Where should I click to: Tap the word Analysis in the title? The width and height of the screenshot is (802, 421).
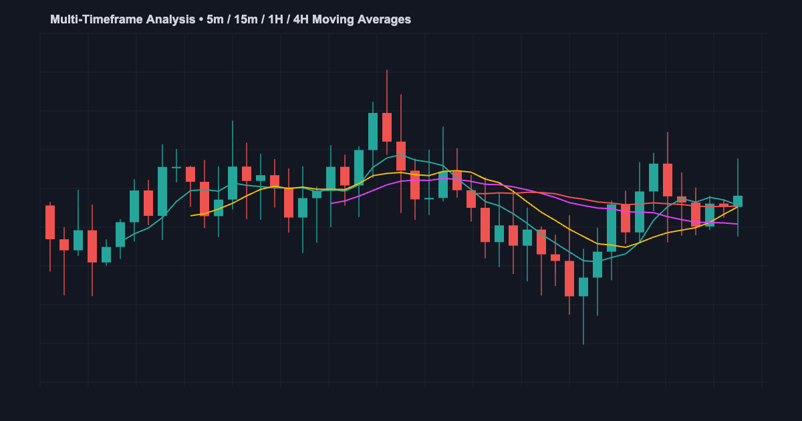point(164,19)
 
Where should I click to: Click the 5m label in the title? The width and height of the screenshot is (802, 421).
point(215,19)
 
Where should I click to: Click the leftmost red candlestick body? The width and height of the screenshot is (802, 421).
point(50,222)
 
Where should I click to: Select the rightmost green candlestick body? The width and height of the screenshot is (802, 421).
point(738,201)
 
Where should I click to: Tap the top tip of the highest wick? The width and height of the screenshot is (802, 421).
point(387,69)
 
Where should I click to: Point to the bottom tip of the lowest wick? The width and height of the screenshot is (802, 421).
point(583,344)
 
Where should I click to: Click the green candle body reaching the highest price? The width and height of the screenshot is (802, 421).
point(373,131)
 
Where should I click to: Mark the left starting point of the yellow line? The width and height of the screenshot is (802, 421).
point(191,215)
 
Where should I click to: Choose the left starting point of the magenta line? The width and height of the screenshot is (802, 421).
point(331,203)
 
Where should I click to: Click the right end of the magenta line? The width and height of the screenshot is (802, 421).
point(738,224)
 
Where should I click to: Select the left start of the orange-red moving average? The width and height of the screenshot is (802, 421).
point(472,193)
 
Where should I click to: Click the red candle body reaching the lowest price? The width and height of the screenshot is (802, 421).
point(569,278)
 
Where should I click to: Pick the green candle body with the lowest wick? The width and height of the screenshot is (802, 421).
point(583,287)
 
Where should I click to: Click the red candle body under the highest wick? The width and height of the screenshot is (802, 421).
point(387,127)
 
